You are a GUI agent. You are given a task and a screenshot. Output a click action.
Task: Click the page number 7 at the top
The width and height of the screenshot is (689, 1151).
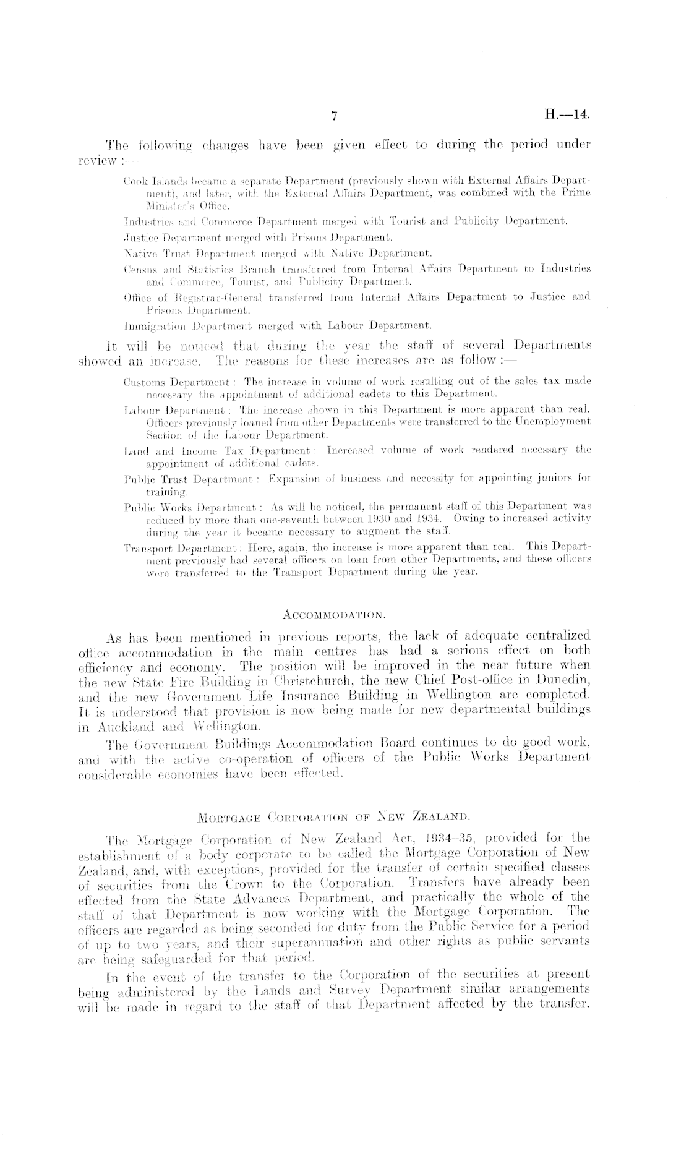pyautogui.click(x=334, y=116)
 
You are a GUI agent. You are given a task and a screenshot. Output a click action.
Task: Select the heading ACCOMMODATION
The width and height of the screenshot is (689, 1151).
pyautogui.click(x=334, y=615)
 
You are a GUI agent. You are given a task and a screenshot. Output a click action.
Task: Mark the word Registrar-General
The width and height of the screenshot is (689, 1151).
pyautogui.click(x=197, y=297)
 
